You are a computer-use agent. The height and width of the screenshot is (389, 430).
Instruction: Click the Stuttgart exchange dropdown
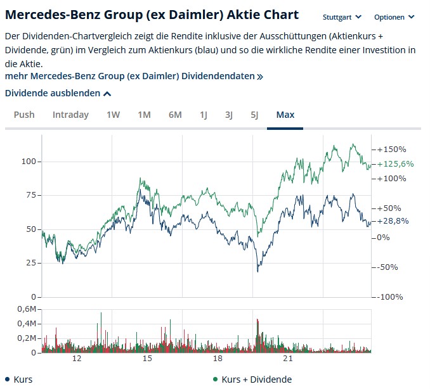(x=342, y=17)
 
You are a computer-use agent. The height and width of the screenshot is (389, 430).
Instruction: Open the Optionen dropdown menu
(x=394, y=17)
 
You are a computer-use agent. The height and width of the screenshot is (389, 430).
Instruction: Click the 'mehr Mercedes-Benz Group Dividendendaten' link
(x=133, y=76)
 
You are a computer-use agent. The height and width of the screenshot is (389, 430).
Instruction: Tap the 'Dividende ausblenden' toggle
(x=58, y=93)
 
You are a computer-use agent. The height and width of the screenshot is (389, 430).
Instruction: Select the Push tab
(x=24, y=115)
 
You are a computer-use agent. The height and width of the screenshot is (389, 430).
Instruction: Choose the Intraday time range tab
(x=70, y=115)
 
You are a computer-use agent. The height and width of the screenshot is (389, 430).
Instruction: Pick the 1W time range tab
(x=113, y=115)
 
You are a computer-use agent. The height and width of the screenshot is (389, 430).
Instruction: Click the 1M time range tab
(x=144, y=115)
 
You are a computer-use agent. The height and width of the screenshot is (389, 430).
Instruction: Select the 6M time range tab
(x=175, y=115)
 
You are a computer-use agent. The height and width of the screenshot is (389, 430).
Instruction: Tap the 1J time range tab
(x=204, y=115)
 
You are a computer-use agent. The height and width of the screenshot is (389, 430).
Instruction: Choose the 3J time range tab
(x=229, y=115)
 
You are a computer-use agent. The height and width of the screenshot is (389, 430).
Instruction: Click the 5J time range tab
(x=254, y=115)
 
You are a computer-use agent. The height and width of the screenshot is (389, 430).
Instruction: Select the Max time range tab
(x=285, y=115)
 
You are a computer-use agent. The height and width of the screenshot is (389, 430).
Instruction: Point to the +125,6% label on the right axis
(x=396, y=164)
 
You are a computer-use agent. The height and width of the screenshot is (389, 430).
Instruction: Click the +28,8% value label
(x=393, y=221)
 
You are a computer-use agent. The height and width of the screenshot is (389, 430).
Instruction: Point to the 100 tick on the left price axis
(x=27, y=162)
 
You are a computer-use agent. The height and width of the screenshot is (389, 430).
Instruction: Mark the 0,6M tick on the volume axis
(x=27, y=309)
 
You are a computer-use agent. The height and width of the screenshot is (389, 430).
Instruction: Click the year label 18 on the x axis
(x=218, y=359)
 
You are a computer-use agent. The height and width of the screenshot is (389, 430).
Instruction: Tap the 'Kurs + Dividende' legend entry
(x=256, y=379)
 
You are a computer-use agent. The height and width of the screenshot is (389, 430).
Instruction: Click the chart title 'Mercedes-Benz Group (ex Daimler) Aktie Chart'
(x=152, y=15)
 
